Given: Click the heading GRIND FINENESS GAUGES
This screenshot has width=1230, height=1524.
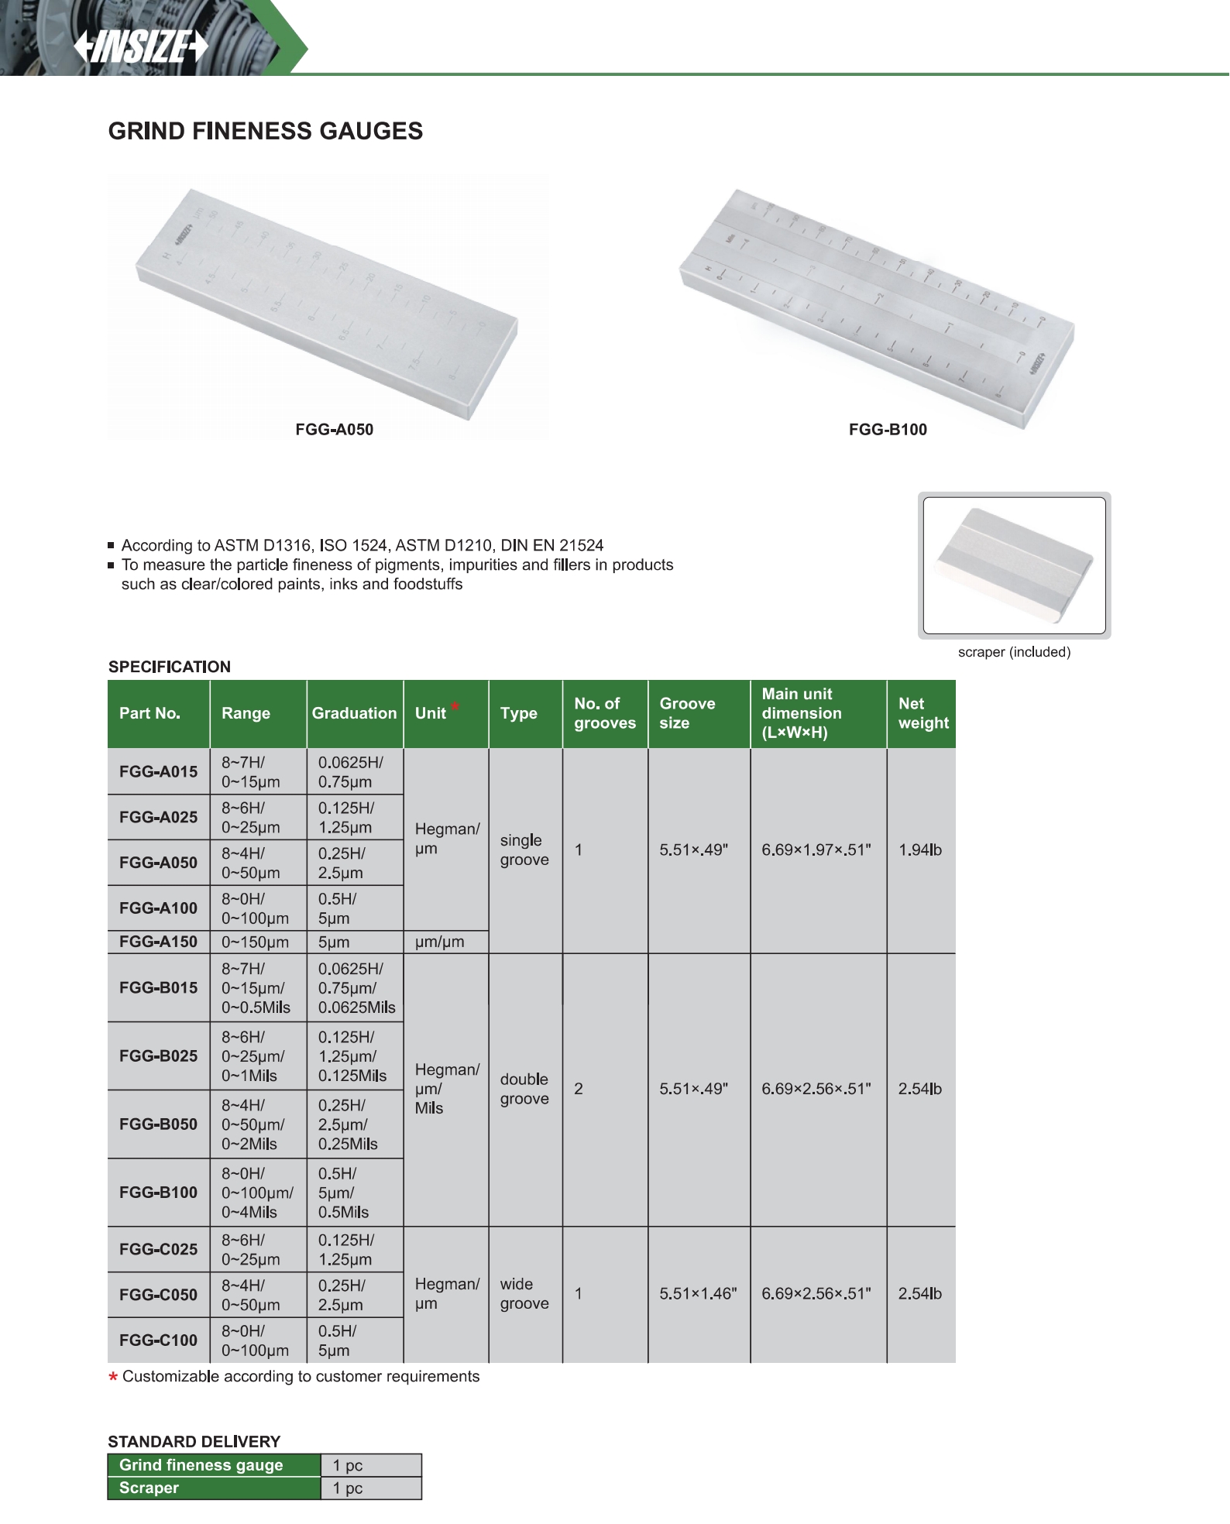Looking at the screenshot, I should pyautogui.click(x=265, y=131).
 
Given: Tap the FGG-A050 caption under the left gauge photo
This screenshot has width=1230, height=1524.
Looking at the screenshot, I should pyautogui.click(x=334, y=430).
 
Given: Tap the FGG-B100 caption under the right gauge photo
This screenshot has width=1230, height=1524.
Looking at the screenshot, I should pyautogui.click(x=888, y=430).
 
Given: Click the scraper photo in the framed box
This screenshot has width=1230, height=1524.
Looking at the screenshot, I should pyautogui.click(x=1014, y=565).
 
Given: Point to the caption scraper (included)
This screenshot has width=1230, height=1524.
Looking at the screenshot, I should pyautogui.click(x=1014, y=652).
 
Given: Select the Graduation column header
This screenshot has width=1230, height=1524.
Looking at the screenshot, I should pyautogui.click(x=354, y=713).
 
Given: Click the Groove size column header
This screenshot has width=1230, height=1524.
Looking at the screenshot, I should pyautogui.click(x=687, y=713).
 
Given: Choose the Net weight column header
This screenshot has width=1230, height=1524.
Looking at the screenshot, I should pyautogui.click(x=922, y=713).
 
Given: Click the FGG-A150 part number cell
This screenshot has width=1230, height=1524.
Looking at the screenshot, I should pyautogui.click(x=158, y=942).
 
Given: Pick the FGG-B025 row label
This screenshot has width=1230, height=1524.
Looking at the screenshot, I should pyautogui.click(x=158, y=1056).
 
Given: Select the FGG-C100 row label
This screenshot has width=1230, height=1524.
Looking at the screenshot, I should pyautogui.click(x=158, y=1340).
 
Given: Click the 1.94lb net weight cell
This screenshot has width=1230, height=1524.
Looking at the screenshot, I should pyautogui.click(x=919, y=850).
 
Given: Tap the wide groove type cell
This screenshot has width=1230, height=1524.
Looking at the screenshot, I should pyautogui.click(x=524, y=1294).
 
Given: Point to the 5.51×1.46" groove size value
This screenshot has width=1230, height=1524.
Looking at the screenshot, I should pyautogui.click(x=698, y=1294).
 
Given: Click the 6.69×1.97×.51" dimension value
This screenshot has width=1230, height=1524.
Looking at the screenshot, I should pyautogui.click(x=816, y=850).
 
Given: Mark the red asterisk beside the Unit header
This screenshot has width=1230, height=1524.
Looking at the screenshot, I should pyautogui.click(x=455, y=705).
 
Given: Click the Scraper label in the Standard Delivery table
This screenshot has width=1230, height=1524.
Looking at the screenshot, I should pyautogui.click(x=149, y=1488).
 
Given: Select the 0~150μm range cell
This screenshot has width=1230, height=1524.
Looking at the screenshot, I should pyautogui.click(x=255, y=942).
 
